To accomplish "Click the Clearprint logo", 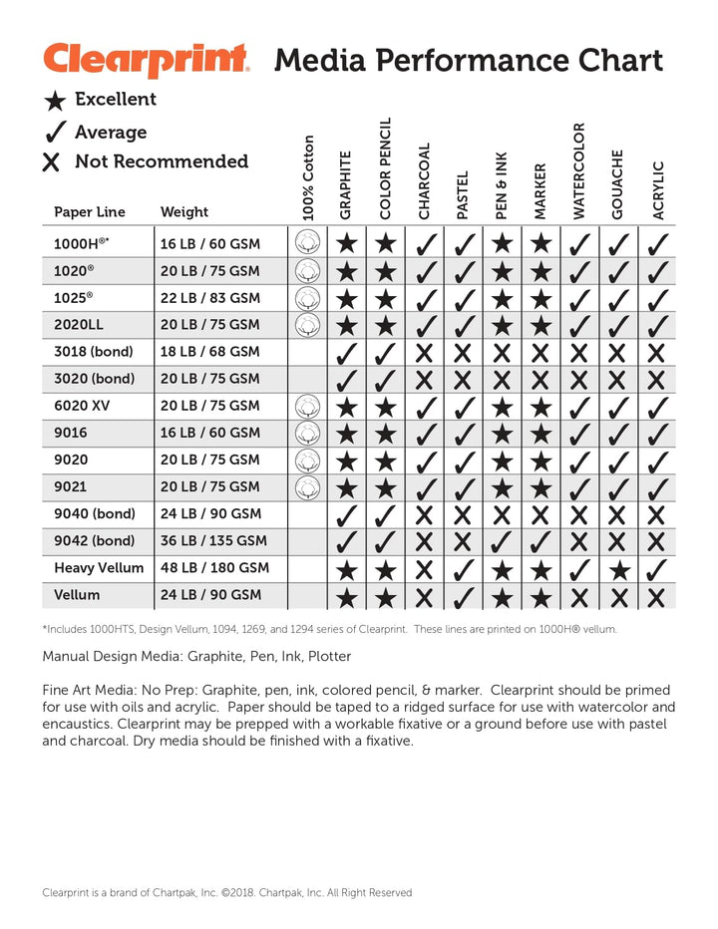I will pos(146,60).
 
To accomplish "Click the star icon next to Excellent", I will pos(57,100).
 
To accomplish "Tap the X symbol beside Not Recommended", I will pos(52,161).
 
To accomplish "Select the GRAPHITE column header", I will pos(346,185).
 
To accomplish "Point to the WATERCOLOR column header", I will pos(578,170).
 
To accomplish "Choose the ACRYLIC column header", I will pos(657,190).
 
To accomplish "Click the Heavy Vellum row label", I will pos(100,568).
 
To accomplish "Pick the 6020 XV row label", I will pos(83,406).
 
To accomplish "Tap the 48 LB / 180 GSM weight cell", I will pos(213,568).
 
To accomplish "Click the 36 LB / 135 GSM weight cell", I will pos(213,541).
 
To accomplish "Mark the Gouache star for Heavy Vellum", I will pos(617,569).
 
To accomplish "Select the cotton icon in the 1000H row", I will pos(307,242).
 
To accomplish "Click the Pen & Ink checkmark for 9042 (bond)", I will pos(501,542).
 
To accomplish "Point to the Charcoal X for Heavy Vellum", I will pos(424,569).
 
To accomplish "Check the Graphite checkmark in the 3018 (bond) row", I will pos(346,352).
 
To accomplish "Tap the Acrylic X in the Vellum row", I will pos(656,597).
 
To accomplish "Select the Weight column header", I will pos(184,211).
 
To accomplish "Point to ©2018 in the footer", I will pos(238,893).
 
